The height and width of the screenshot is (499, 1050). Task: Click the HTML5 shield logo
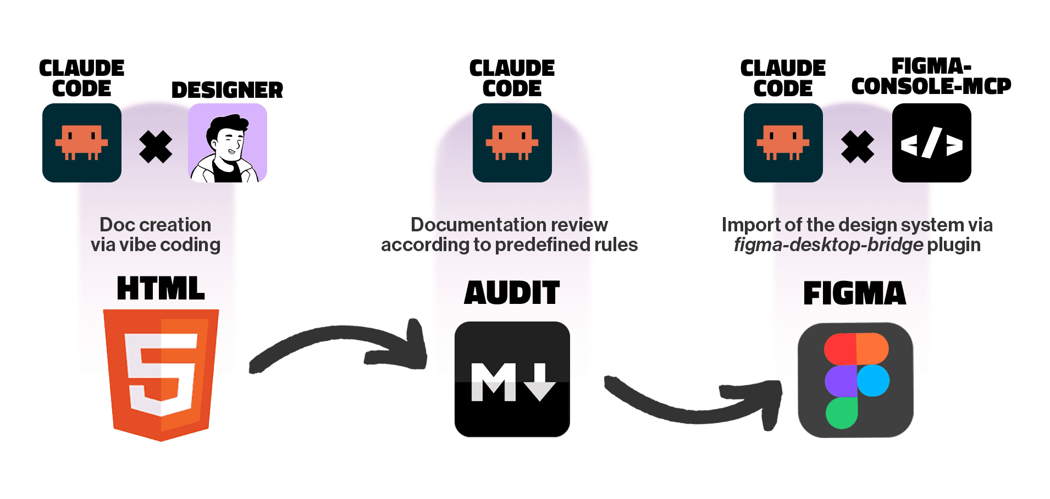[161, 374]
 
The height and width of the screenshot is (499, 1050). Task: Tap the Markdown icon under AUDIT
[512, 379]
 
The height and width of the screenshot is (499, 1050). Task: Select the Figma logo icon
[855, 380]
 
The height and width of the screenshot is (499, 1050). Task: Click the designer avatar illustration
[228, 143]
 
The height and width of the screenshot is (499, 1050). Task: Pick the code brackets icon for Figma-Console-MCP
[931, 143]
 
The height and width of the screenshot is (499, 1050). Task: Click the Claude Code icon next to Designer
[82, 143]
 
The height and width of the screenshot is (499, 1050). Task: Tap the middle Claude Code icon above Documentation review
[512, 143]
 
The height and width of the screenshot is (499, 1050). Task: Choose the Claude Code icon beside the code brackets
[783, 143]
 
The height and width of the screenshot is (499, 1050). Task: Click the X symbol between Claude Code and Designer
[156, 147]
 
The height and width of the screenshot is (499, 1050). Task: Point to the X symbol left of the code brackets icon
[857, 147]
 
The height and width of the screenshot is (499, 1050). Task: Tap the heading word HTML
[161, 289]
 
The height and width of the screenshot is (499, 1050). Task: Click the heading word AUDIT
[512, 292]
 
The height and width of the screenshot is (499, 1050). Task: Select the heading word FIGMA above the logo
[854, 293]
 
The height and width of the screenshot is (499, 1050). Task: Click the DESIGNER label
[227, 90]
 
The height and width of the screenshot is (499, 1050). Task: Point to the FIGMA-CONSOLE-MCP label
[931, 76]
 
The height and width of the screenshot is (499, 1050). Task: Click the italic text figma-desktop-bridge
[828, 245]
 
